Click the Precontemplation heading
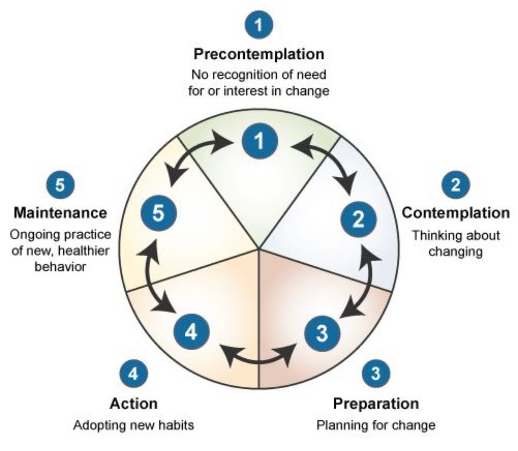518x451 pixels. [x=259, y=54]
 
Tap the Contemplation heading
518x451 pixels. [x=455, y=213]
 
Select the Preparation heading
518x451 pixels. [x=376, y=403]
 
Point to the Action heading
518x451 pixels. [x=133, y=403]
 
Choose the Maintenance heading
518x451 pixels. [x=60, y=213]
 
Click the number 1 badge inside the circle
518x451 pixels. [x=259, y=141]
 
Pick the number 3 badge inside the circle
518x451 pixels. [x=322, y=333]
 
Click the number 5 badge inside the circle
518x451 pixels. [x=159, y=213]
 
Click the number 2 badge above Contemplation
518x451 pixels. [x=455, y=185]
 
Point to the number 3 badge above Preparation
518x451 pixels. [x=376, y=372]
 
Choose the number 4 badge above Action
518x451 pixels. [x=133, y=372]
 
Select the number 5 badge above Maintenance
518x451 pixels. [x=60, y=185]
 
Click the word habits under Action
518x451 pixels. [x=175, y=425]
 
